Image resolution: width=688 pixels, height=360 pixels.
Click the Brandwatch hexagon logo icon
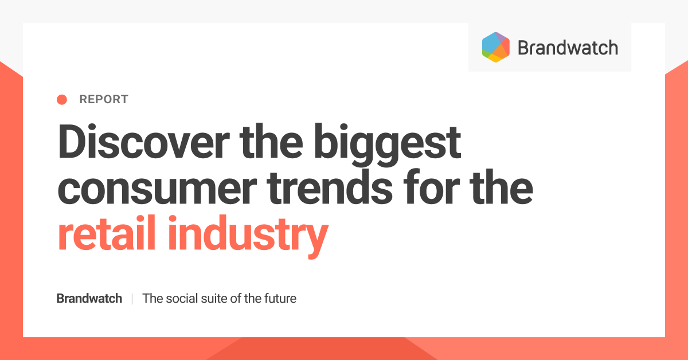[x=496, y=47]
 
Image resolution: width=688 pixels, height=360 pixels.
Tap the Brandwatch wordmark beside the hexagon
[x=568, y=48]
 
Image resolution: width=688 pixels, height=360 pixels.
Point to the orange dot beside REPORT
[x=62, y=100]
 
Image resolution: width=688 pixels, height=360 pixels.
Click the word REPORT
[x=104, y=100]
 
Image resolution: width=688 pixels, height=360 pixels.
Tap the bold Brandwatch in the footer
[x=89, y=299]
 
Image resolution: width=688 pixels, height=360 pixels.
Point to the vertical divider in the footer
[x=132, y=299]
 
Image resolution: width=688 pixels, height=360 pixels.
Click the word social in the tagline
[x=182, y=299]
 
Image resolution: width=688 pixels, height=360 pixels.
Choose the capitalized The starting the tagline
[x=152, y=299]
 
